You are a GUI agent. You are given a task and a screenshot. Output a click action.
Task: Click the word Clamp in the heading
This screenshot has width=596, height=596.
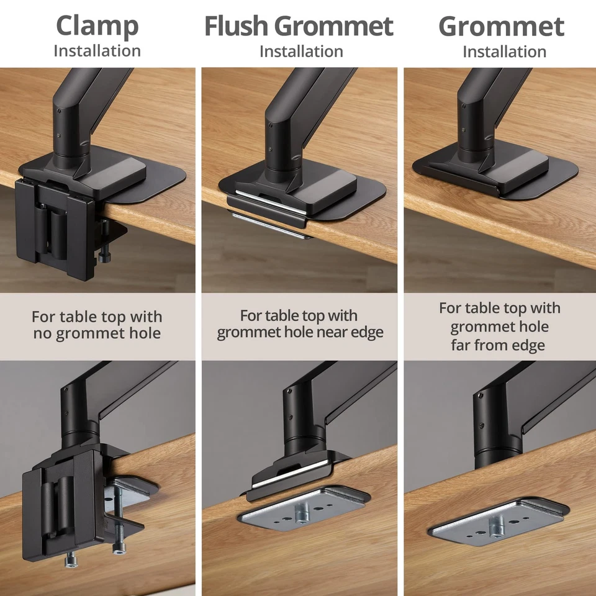(97, 26)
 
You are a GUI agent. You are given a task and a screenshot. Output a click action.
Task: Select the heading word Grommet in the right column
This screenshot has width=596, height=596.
(501, 26)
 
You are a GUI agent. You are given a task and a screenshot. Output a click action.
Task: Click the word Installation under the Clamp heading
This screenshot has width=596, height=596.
(97, 51)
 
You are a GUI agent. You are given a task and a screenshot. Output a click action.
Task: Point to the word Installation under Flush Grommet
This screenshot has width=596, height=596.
(301, 51)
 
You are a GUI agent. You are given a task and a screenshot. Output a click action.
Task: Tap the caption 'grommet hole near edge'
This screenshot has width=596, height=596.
(300, 332)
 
